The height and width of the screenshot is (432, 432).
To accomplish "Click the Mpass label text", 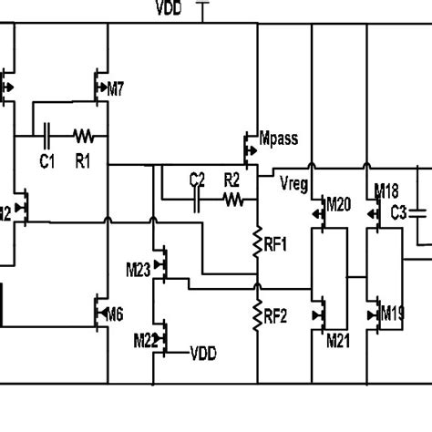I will [x=278, y=140].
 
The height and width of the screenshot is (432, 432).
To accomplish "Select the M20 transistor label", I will [x=338, y=202].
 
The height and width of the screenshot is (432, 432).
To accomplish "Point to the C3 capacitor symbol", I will [x=417, y=212].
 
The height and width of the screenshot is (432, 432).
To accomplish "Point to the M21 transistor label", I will [x=338, y=339].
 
